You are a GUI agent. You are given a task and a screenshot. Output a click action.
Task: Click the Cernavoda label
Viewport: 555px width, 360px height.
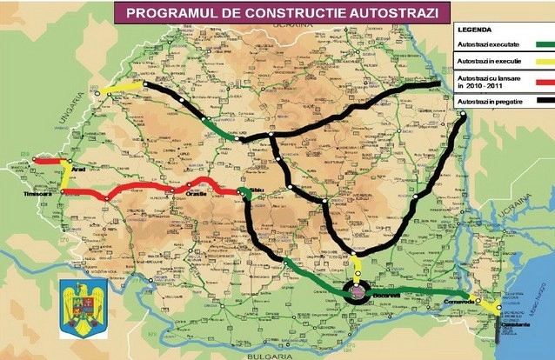tap(458, 302)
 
